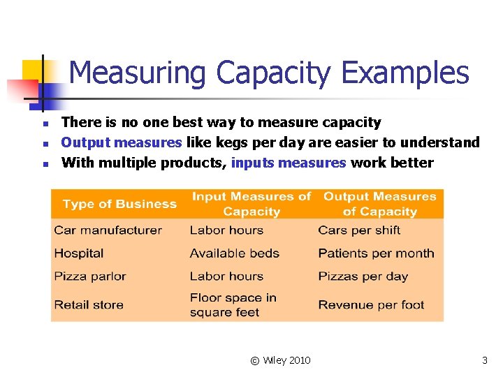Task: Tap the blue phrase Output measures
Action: point(122,143)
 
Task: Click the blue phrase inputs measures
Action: point(289,163)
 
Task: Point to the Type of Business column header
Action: point(119,204)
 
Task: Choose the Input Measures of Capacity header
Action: point(251,204)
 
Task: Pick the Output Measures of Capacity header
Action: point(379,204)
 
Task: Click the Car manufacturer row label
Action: point(108,230)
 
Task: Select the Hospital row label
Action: point(78,253)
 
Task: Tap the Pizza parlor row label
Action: point(89,276)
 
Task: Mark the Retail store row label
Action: point(88,305)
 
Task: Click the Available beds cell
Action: point(234,253)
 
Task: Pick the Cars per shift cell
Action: point(359,230)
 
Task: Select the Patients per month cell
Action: point(376,253)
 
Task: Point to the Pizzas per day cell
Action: point(363,276)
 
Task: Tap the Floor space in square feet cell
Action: point(233,305)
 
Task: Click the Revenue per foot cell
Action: point(371,305)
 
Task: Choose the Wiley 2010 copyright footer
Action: point(280,360)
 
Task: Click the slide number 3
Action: point(485,360)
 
